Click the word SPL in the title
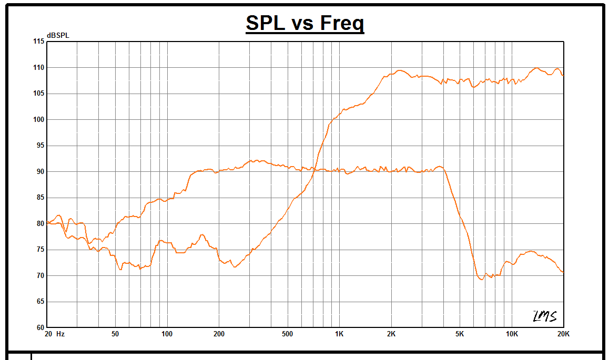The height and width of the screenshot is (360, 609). [x=267, y=23]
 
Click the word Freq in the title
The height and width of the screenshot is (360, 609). [x=341, y=23]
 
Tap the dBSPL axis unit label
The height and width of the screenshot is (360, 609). [x=58, y=35]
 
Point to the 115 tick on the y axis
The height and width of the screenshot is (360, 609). [x=39, y=42]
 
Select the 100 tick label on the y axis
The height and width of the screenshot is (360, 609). [x=39, y=120]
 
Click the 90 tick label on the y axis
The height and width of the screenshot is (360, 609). [x=40, y=172]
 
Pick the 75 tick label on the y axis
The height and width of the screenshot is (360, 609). [x=40, y=250]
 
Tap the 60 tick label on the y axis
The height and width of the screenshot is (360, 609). [x=40, y=327]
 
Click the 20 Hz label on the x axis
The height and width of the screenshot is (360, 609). [x=55, y=334]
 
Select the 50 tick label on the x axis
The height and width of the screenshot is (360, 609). [x=115, y=334]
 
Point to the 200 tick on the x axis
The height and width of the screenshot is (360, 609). [x=219, y=334]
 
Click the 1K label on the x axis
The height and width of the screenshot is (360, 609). [x=339, y=334]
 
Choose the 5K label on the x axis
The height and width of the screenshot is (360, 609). [x=460, y=334]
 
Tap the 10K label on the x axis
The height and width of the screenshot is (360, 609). [x=512, y=334]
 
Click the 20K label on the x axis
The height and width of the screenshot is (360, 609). [x=563, y=334]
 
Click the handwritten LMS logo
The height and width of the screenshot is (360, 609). [x=544, y=316]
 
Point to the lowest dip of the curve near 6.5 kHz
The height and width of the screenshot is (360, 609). [x=481, y=279]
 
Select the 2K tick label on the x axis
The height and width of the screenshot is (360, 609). [x=391, y=334]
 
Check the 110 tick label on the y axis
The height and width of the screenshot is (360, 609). [x=39, y=68]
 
